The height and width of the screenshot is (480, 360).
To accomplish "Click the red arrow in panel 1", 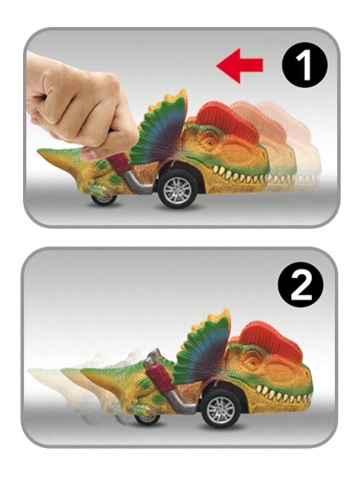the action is [x=240, y=66].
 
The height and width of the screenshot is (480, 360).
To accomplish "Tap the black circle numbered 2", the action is [x=301, y=285].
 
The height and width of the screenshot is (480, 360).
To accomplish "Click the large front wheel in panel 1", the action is [x=177, y=189].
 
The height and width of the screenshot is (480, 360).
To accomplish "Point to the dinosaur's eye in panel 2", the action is [x=254, y=362].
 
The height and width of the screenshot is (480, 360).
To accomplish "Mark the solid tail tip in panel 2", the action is [x=83, y=370].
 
